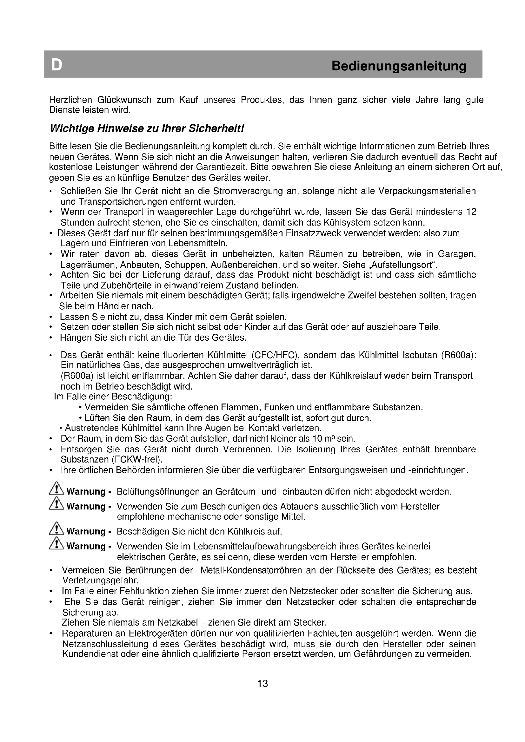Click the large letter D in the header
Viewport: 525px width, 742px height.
coord(56,65)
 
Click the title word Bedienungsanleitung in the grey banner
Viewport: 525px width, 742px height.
coord(399,66)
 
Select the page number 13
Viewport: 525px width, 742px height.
coord(262,684)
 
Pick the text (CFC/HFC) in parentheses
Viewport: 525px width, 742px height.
coord(275,355)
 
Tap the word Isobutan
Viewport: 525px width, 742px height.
coord(419,355)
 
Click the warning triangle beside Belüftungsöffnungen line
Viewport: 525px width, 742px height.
coord(56,489)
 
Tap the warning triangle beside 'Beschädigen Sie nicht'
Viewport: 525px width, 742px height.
coord(56,529)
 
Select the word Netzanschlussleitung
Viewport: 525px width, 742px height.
coord(105,644)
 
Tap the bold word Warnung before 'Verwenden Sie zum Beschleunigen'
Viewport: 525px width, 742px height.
coord(86,506)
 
